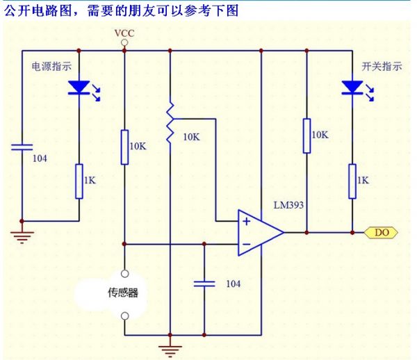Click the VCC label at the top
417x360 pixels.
pos(124,32)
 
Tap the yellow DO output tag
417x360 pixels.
pos(382,233)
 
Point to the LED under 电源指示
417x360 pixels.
pos(79,88)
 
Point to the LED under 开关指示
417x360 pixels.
pos(352,88)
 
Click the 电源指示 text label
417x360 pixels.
pos(51,67)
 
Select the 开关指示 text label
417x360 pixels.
pos(382,67)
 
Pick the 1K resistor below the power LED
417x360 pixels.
pos(79,181)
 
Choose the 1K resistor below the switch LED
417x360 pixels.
pos(352,181)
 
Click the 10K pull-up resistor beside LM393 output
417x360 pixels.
pos(306,135)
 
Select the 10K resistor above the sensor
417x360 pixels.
pos(124,147)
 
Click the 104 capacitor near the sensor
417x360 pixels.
pos(204,284)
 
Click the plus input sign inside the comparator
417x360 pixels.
pos(246,222)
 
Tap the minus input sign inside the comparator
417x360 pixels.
pos(246,244)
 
